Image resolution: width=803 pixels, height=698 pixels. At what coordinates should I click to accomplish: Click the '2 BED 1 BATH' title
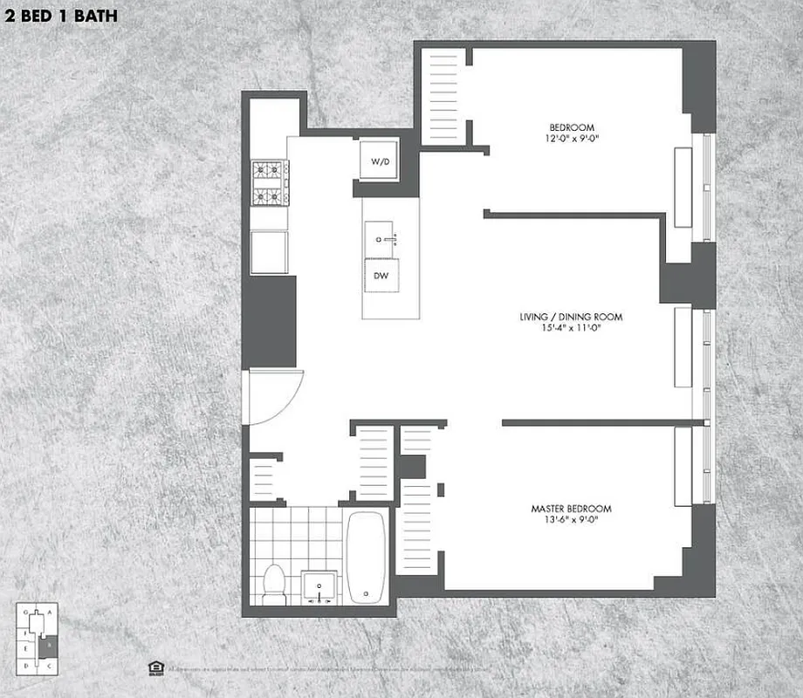click(x=61, y=16)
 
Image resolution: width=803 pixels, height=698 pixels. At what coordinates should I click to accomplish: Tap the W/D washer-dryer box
click(x=381, y=161)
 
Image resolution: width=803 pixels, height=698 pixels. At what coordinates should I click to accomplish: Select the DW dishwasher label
click(x=381, y=275)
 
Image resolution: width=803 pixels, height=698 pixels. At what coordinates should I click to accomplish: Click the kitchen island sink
click(x=382, y=236)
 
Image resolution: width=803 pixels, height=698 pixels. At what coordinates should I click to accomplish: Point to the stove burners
click(x=269, y=183)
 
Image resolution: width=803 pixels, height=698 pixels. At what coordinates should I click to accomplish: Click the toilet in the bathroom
click(x=274, y=582)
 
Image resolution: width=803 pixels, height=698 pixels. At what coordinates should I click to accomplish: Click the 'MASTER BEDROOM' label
click(x=572, y=509)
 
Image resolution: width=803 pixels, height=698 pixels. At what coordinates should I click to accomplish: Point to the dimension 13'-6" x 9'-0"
click(x=572, y=521)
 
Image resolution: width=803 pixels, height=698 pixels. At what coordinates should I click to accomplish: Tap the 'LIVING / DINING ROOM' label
click(x=571, y=317)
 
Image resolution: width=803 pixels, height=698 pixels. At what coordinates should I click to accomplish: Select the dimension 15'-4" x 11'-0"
click(x=571, y=329)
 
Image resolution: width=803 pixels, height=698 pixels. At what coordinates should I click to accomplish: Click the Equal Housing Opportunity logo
click(x=154, y=667)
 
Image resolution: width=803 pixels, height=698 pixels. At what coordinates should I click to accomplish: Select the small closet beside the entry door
click(x=264, y=479)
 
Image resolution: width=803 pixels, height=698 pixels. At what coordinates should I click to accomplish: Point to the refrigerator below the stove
click(x=269, y=252)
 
